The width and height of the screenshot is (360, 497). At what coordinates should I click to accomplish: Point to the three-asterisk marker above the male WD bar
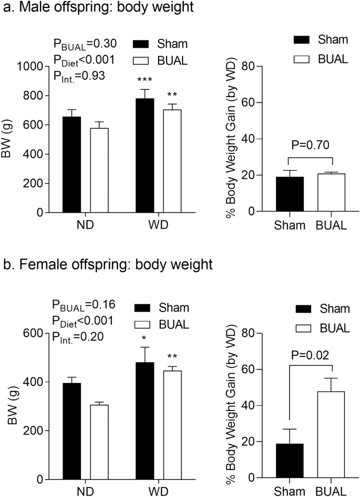pos(145,80)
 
